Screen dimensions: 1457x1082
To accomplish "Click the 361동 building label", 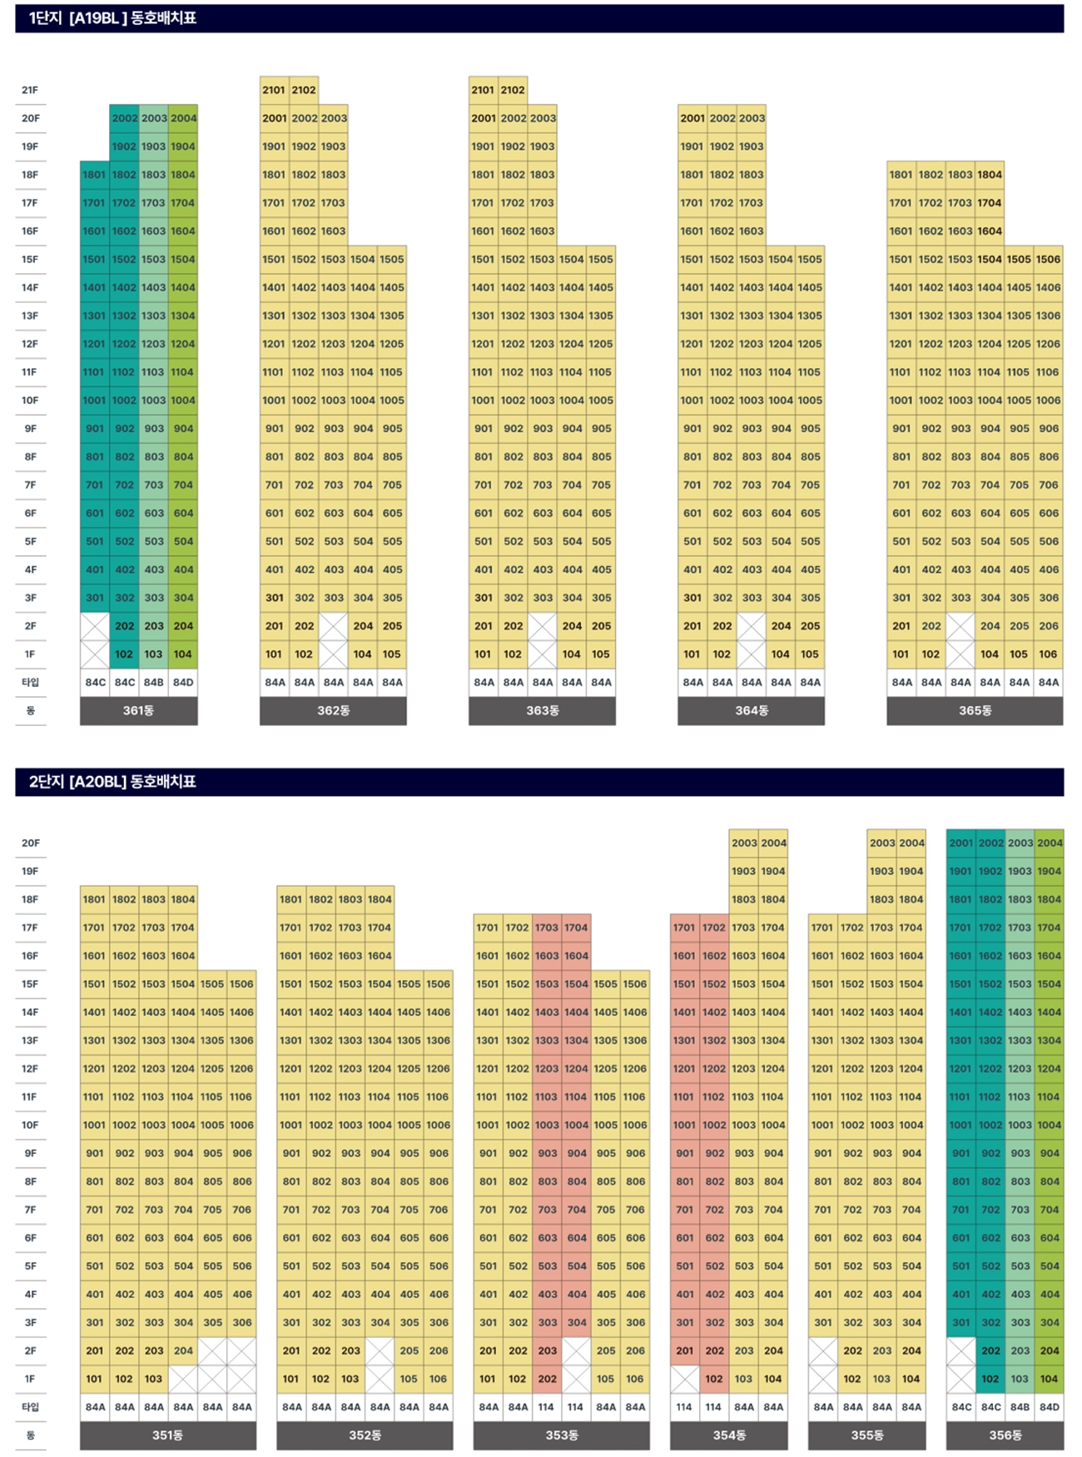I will (x=138, y=710).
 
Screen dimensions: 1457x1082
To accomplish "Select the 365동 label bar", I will (x=975, y=710).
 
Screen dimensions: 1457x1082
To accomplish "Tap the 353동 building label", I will (x=562, y=1435).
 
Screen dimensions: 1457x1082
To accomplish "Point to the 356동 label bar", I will (x=1005, y=1435).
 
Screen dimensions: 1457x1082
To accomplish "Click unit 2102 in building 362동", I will (x=304, y=90).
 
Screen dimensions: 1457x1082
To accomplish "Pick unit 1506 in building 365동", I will (x=1048, y=259).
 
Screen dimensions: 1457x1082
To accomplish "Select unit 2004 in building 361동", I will (x=183, y=118).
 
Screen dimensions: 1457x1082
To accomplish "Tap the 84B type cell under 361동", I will (x=153, y=682).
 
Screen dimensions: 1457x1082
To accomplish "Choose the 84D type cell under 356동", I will (x=1049, y=1406).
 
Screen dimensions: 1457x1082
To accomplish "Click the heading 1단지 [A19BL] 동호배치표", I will (x=112, y=17).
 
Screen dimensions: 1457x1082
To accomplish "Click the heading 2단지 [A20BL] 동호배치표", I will (x=112, y=781).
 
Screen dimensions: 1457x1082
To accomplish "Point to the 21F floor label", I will (x=30, y=90).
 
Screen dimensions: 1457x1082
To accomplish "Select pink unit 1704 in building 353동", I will (x=576, y=927).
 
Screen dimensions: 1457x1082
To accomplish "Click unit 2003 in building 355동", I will (x=881, y=843).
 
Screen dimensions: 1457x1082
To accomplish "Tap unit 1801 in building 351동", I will (x=94, y=899).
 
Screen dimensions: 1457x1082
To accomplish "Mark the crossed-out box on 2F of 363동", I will (x=543, y=626).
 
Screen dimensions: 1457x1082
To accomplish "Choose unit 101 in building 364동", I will (x=692, y=654).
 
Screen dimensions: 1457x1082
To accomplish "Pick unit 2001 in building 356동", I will (x=960, y=843).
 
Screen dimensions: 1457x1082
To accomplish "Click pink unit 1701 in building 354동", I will (x=684, y=927).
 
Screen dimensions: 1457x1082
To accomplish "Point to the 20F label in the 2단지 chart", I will (x=30, y=843).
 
